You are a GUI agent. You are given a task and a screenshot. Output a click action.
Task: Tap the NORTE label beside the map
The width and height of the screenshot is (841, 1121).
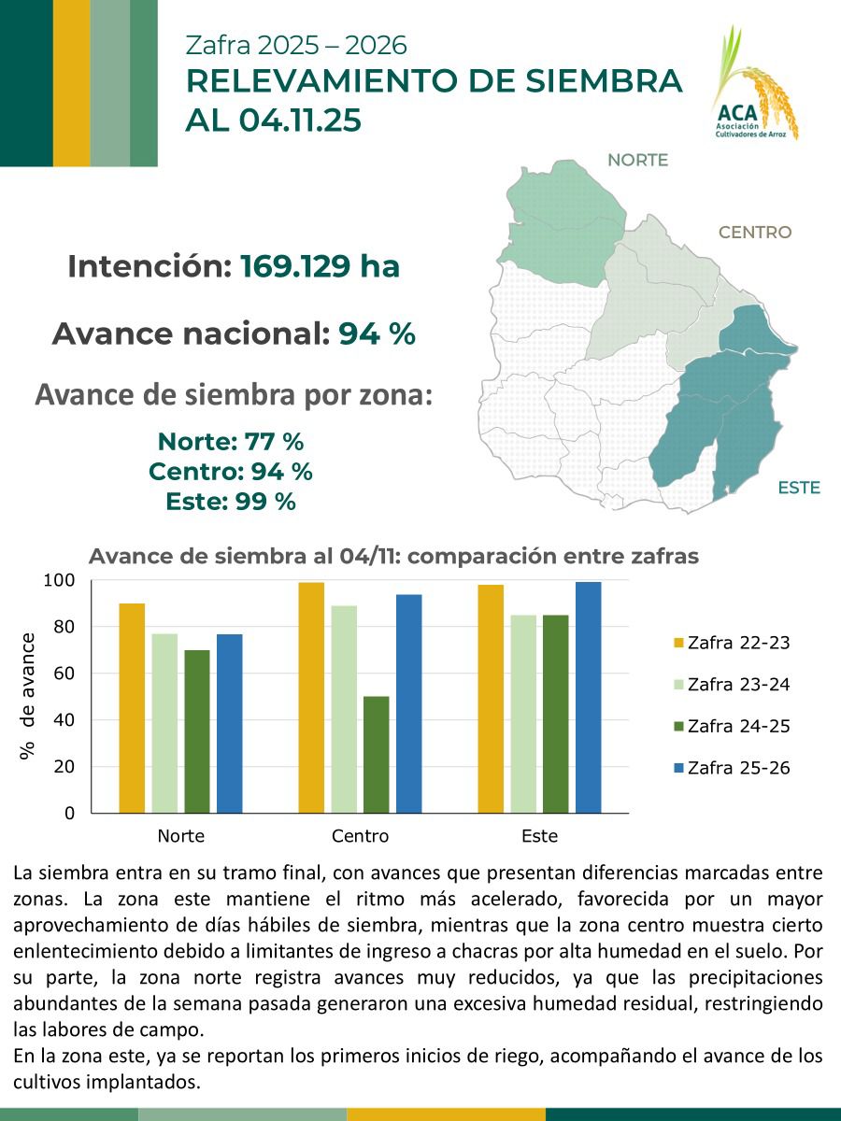pyautogui.click(x=637, y=160)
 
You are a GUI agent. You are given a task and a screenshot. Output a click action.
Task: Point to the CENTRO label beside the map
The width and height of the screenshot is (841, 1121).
pyautogui.click(x=754, y=233)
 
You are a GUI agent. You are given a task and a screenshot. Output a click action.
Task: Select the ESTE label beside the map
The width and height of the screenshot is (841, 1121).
pyautogui.click(x=798, y=488)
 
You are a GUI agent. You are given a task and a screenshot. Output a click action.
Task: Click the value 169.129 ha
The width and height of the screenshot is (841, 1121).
pyautogui.click(x=320, y=267)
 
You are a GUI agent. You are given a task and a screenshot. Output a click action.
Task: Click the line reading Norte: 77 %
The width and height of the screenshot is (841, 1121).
pyautogui.click(x=231, y=441)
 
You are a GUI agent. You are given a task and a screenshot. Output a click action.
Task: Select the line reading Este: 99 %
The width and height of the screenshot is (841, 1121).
pyautogui.click(x=231, y=502)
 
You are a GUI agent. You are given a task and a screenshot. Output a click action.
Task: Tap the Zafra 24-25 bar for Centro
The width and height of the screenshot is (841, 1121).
pyautogui.click(x=377, y=754)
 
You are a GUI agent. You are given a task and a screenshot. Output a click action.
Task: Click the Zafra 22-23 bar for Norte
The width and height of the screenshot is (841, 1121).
pyautogui.click(x=132, y=708)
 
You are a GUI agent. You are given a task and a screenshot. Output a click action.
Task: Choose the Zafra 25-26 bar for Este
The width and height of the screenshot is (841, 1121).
pyautogui.click(x=589, y=697)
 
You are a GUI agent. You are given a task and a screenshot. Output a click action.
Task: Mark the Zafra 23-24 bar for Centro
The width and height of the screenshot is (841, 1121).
pyautogui.click(x=344, y=709)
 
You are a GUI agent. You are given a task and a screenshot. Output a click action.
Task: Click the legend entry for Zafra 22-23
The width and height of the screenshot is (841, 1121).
pyautogui.click(x=732, y=643)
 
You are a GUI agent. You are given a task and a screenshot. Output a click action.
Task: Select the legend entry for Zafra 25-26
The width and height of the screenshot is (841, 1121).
pyautogui.click(x=732, y=768)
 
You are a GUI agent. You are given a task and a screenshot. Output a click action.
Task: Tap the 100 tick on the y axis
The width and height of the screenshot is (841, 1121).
pyautogui.click(x=59, y=580)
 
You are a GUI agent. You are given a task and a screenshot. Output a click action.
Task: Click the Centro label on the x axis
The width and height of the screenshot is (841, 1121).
pyautogui.click(x=360, y=835)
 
